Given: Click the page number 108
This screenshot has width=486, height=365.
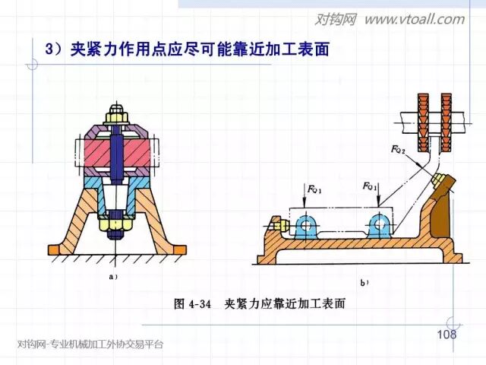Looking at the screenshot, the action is pos(447,335).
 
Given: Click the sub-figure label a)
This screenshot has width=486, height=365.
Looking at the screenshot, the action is pos(112,277).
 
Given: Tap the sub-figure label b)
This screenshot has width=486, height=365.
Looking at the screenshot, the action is pos(364,282).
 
